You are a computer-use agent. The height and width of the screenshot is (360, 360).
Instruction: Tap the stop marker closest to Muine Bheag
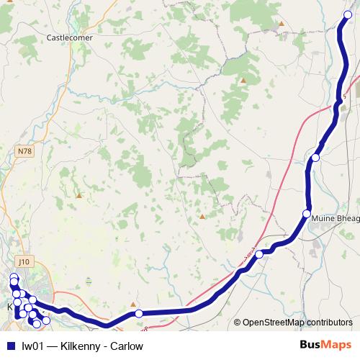click(307, 214)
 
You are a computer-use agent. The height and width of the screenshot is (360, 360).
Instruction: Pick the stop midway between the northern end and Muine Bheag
click(315, 157)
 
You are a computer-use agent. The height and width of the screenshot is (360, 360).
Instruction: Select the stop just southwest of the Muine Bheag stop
click(259, 254)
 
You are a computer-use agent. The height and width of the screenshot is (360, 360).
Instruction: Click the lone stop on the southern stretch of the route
click(139, 313)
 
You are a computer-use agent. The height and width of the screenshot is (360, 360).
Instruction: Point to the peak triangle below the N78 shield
click(78, 194)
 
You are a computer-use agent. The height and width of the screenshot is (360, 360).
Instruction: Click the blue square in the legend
click(9, 346)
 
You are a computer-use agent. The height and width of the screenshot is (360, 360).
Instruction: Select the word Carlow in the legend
click(126, 346)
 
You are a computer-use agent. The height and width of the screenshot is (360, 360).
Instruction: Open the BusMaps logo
click(326, 346)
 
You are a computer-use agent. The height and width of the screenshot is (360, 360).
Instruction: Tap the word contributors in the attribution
click(330, 323)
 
